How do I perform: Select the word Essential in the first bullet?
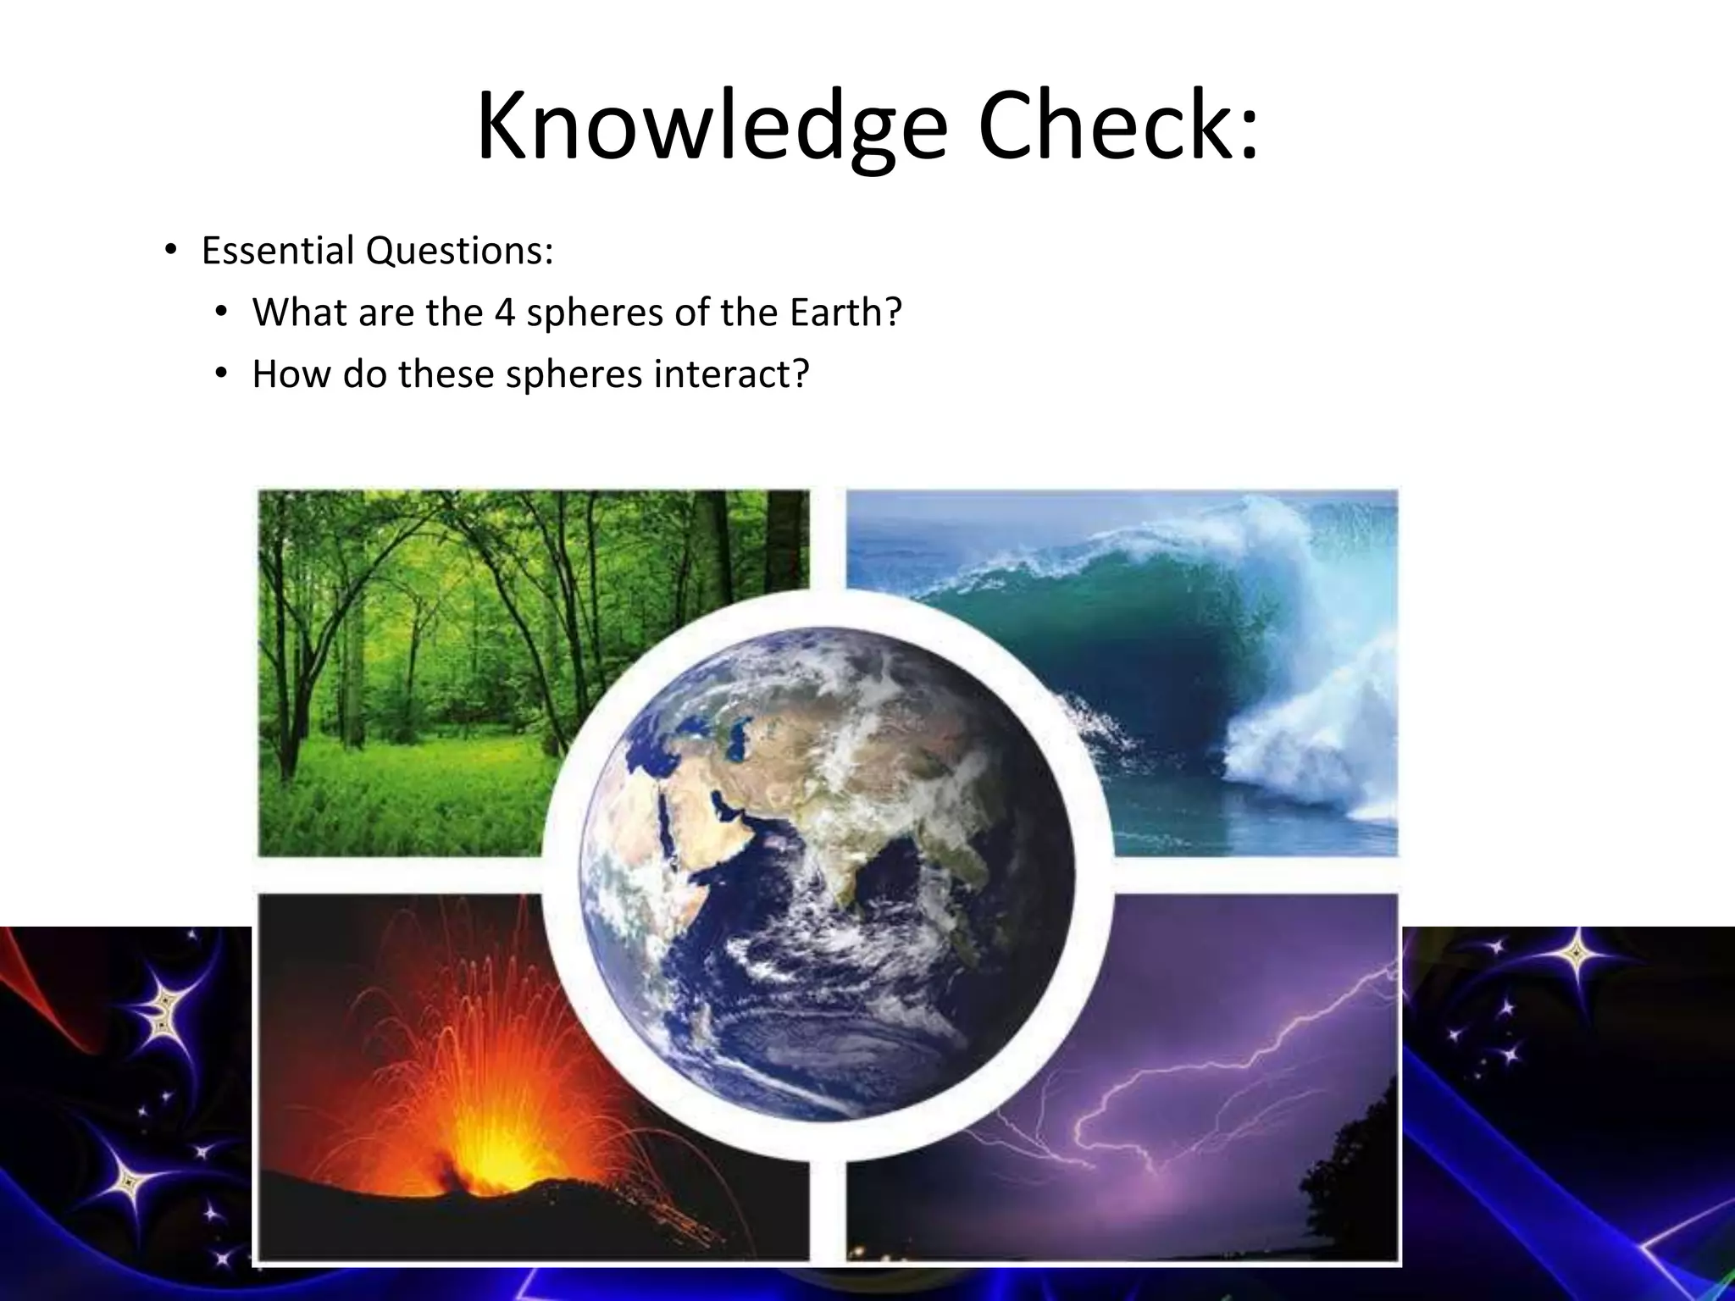coord(278,251)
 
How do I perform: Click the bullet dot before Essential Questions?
coord(170,251)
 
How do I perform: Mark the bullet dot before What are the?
coord(221,313)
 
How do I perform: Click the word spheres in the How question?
coord(574,374)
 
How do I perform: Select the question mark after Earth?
coord(892,313)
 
